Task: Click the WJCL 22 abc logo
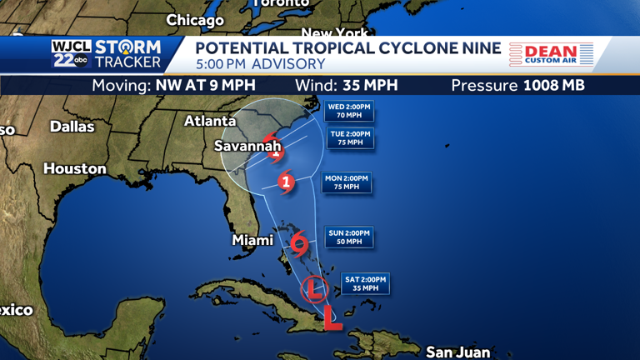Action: [x=70, y=53]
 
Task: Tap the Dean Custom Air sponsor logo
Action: [x=551, y=55]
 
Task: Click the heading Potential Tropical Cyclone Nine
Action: [x=348, y=48]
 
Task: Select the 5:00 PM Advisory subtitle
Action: [x=261, y=64]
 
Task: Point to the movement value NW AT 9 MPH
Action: [x=206, y=85]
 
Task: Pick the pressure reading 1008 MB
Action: [x=553, y=85]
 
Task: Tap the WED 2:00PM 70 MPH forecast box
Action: [x=349, y=111]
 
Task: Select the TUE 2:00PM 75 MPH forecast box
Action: [x=349, y=137]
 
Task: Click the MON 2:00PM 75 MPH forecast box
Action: [x=346, y=182]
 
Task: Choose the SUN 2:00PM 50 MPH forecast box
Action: [x=348, y=237]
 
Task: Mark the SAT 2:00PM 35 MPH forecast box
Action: [x=365, y=283]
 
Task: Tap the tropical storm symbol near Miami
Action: [x=299, y=244]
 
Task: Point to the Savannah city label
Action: [x=247, y=146]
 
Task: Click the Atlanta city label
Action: [x=210, y=121]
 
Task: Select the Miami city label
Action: [x=252, y=240]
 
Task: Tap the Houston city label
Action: [x=75, y=168]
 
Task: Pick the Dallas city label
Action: [x=72, y=127]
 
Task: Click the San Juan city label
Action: [x=457, y=352]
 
